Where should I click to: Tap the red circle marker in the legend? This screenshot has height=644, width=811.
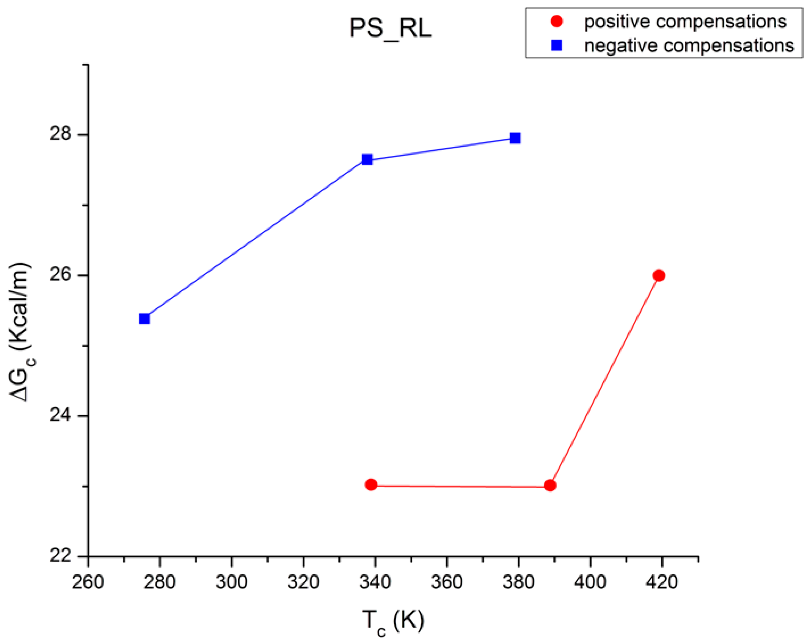pos(557,22)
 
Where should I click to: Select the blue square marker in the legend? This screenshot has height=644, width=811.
pos(557,45)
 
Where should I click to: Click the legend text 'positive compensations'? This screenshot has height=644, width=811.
pos(685,22)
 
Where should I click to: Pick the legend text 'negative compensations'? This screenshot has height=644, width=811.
pos(689,46)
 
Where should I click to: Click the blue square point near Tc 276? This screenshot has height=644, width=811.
pos(145,319)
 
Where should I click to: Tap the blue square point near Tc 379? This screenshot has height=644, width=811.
pos(515,138)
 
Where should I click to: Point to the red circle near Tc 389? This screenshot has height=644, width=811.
pos(550,485)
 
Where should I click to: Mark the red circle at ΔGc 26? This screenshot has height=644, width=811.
pos(659,275)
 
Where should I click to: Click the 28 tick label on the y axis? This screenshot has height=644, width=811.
pos(61,134)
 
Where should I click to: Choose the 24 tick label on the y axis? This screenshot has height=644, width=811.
pos(61,416)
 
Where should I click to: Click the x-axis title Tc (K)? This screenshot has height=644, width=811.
pos(393,622)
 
